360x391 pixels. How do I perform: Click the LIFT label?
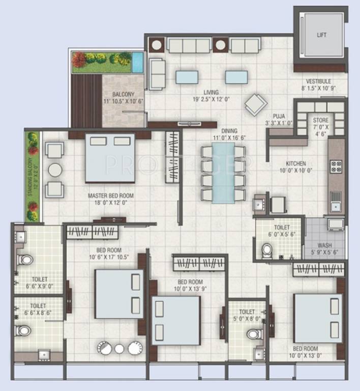pyautogui.click(x=321, y=35)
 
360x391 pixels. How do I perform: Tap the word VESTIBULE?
pyautogui.click(x=318, y=81)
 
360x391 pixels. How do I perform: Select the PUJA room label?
pyautogui.click(x=278, y=116)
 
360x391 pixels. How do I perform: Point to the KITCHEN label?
pyautogui.click(x=295, y=163)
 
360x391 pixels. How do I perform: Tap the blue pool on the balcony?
pyautogui.click(x=137, y=62)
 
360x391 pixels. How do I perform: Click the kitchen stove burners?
pyautogui.click(x=336, y=166)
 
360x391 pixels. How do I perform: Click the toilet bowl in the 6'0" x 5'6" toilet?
pyautogui.click(x=266, y=250)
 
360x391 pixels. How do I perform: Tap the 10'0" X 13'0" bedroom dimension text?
pyautogui.click(x=306, y=355)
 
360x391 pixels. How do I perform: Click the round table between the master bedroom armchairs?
pyautogui.click(x=55, y=170)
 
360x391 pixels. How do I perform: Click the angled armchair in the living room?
pyautogui.click(x=256, y=105)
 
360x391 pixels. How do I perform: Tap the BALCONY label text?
pyautogui.click(x=124, y=94)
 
